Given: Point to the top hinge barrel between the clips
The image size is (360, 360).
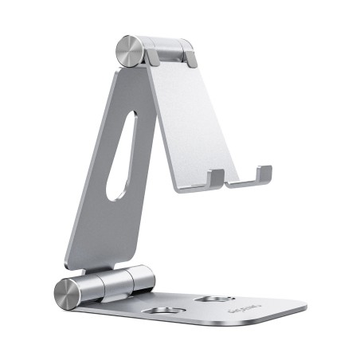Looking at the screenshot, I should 169,48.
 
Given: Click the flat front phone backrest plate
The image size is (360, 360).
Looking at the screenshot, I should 191,119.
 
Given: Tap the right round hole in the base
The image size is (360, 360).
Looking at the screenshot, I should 214,301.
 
